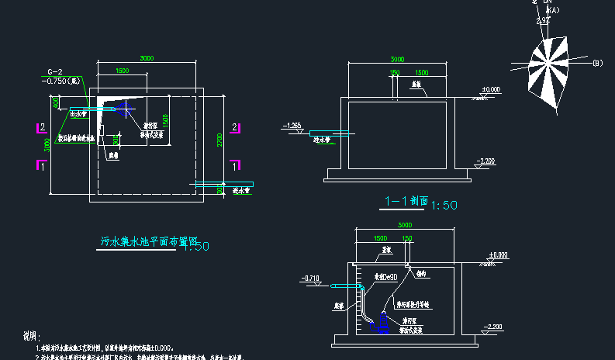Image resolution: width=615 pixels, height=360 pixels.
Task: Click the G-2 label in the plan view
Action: (54, 71)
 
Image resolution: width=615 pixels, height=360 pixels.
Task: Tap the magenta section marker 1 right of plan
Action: (237, 164)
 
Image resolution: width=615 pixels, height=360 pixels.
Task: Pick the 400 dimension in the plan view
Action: (55, 102)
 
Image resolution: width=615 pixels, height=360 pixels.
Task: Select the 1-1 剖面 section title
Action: (405, 201)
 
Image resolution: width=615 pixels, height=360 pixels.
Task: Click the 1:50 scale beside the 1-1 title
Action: (444, 205)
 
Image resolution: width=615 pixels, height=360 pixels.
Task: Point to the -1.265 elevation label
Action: (292, 125)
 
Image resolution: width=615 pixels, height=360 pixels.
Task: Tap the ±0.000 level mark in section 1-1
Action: (491, 91)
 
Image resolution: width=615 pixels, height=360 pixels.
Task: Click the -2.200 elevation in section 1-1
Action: (485, 161)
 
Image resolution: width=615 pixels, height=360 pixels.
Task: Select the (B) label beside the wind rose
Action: (597, 62)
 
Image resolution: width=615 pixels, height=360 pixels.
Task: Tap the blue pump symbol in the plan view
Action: (124, 109)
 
